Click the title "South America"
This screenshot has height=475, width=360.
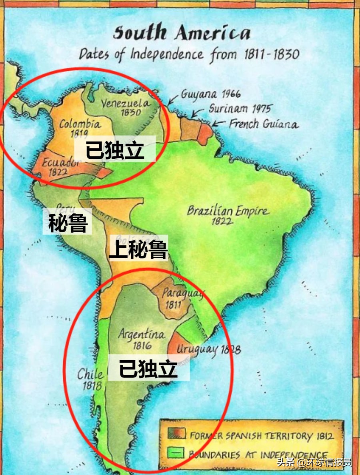point(182,33)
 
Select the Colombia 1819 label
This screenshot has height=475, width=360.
point(80,128)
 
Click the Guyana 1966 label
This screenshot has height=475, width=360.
point(210,94)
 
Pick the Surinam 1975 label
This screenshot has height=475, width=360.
point(239,108)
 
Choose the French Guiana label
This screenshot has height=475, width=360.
point(264,124)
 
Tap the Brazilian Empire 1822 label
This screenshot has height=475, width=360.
point(228,215)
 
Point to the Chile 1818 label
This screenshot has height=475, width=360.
point(90,379)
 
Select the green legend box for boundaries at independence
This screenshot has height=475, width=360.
point(176,453)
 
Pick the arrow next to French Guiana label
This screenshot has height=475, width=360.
point(218,123)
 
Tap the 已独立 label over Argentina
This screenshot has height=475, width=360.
point(148,369)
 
